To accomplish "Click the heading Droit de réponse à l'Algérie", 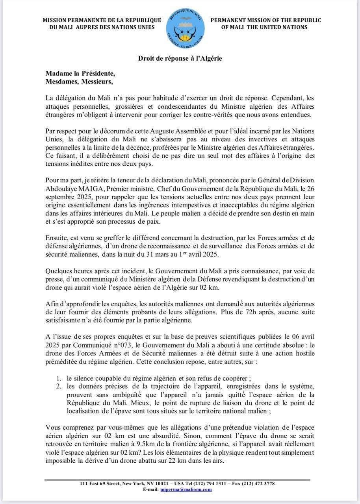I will tap(180, 58).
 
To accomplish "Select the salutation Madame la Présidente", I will tap(80, 74).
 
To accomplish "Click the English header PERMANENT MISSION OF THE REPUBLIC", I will tap(266, 20).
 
